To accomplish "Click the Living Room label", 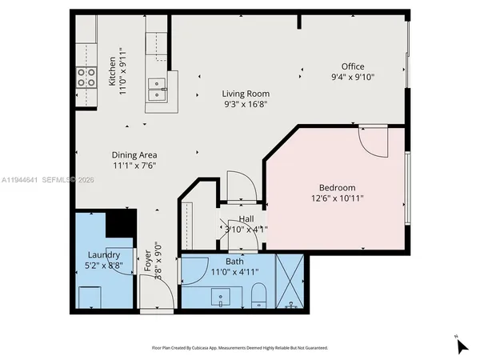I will pyautogui.click(x=246, y=93).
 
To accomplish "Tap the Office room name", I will pyautogui.click(x=353, y=66).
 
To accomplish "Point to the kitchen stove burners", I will pyautogui.click(x=84, y=76).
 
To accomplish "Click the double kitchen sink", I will pyautogui.click(x=157, y=88).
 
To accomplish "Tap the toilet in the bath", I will pyautogui.click(x=258, y=299).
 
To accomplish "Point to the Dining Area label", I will pyautogui.click(x=134, y=154).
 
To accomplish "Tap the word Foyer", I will pyautogui.click(x=147, y=262).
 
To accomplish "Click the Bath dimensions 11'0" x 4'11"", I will pyautogui.click(x=234, y=272).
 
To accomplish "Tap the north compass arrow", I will pyautogui.click(x=462, y=346).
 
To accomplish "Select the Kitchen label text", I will pyautogui.click(x=112, y=70).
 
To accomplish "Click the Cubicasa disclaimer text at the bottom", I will pyautogui.click(x=240, y=348).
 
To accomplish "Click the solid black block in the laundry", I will pyautogui.click(x=121, y=222).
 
